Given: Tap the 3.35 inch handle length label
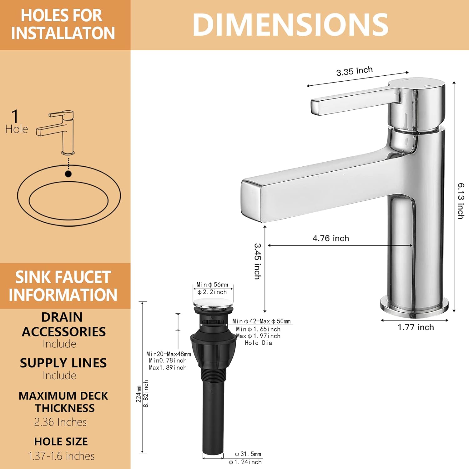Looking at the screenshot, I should point(354,71).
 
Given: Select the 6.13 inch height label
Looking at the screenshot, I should point(461,201).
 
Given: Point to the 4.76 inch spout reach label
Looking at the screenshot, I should point(330,238).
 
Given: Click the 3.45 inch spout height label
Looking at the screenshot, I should point(257,261).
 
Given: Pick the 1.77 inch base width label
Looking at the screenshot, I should point(416,327).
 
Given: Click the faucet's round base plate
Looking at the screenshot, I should point(414,306).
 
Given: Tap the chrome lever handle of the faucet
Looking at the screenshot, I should point(353,101).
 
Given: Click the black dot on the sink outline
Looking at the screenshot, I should point(68,174).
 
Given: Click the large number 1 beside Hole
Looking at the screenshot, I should point(15,116).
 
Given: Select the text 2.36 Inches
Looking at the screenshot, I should point(60,422).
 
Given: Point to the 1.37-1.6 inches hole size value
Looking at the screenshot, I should point(61,456).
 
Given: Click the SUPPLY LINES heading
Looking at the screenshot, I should point(63,363).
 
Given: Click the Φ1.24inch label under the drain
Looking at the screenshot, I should point(245,462).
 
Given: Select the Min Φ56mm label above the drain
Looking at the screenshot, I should point(212,285).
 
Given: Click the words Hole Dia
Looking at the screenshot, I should point(258,343).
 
